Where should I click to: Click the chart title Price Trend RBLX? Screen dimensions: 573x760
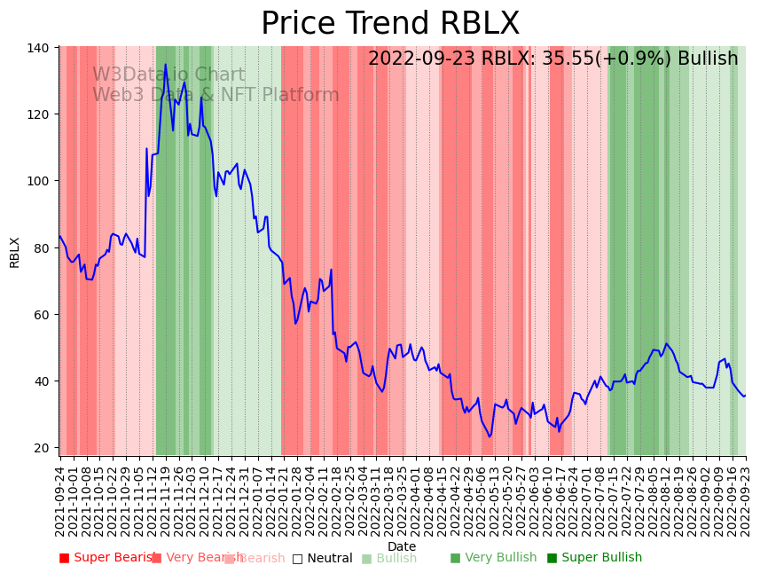pyautogui.click(x=390, y=24)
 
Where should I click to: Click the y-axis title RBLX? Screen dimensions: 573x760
pyautogui.click(x=14, y=252)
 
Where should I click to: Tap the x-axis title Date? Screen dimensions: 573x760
pyautogui.click(x=402, y=546)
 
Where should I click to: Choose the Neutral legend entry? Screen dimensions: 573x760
pyautogui.click(x=322, y=558)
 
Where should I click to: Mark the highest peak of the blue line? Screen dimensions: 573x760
pyautogui.click(x=165, y=64)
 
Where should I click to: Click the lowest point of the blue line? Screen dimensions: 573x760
pyautogui.click(x=489, y=436)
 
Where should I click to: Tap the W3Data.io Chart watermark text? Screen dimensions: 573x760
pyautogui.click(x=168, y=75)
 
